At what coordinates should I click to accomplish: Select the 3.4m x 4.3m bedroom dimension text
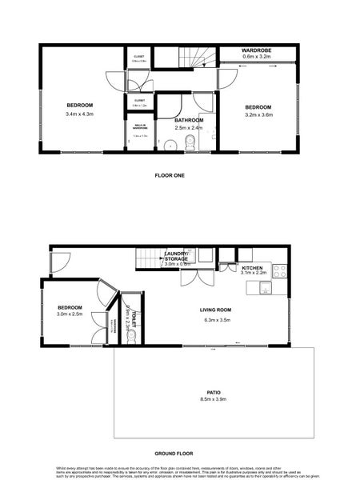coord(79,114)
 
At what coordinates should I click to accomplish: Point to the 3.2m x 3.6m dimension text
coord(258,115)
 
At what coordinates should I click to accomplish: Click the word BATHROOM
coord(189,120)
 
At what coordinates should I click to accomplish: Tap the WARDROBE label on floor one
coord(257,50)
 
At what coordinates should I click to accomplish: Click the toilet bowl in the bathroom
coord(190,144)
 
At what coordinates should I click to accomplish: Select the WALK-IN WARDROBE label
coord(140,126)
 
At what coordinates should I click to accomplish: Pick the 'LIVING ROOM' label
coord(215,310)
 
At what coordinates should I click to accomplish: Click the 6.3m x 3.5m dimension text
coord(215,321)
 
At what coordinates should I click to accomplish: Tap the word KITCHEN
coord(253,267)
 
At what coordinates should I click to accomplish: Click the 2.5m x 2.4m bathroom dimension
coord(189,127)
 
